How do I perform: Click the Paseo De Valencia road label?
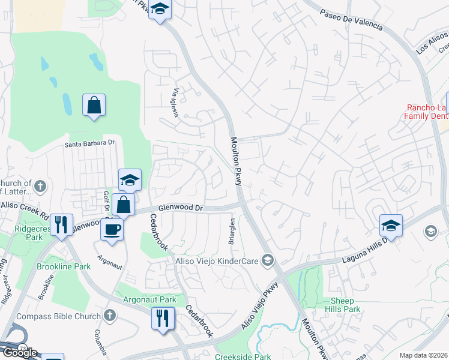click(x=351, y=19)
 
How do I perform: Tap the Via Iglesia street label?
click(x=176, y=103)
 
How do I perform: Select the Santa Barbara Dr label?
click(x=89, y=144)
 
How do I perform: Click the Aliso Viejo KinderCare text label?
click(x=217, y=260)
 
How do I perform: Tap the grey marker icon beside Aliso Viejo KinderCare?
click(x=268, y=260)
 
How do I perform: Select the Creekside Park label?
click(x=243, y=356)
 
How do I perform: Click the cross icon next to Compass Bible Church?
click(x=109, y=315)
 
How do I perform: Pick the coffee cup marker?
click(x=112, y=229)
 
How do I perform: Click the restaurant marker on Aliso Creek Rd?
click(x=61, y=224)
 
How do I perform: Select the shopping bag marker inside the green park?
click(x=94, y=106)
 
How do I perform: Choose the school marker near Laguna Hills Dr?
click(x=390, y=226)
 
